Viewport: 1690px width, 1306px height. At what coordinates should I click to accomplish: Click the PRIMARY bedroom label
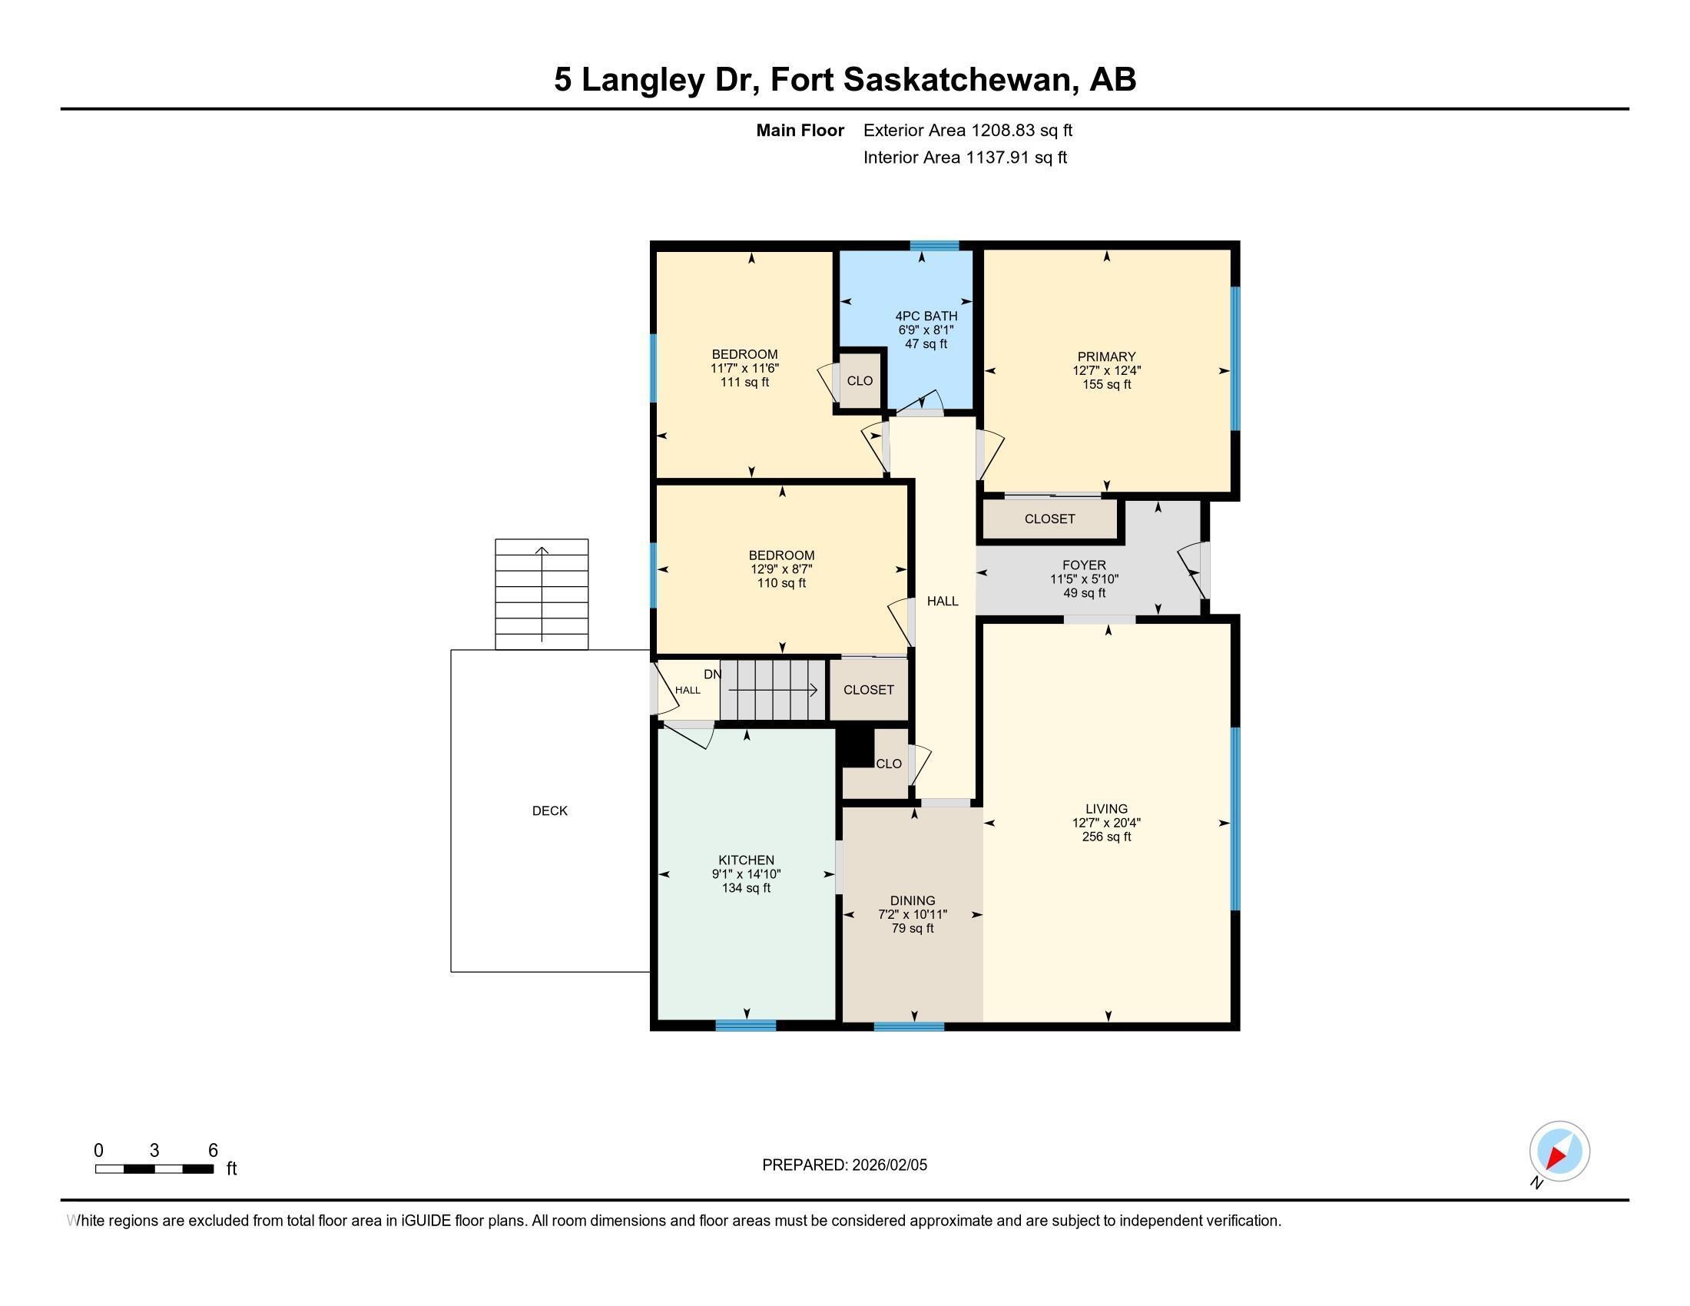(x=1105, y=356)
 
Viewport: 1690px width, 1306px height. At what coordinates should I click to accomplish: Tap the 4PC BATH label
(x=926, y=316)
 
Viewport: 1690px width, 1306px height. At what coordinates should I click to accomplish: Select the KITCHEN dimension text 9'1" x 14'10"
(x=746, y=874)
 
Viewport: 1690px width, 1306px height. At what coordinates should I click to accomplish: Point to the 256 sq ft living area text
(x=1105, y=837)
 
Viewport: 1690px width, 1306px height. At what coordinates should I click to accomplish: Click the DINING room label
(x=913, y=900)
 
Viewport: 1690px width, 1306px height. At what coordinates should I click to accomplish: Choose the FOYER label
(x=1083, y=565)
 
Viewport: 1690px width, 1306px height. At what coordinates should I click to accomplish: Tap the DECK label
(x=549, y=810)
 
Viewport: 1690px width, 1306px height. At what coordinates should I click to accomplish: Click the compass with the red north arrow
(x=1559, y=1151)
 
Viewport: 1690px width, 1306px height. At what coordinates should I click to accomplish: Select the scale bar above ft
(x=154, y=1168)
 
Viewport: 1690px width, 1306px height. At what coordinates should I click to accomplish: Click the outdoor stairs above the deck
(x=542, y=593)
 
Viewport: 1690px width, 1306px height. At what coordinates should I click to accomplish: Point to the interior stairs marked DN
(x=772, y=690)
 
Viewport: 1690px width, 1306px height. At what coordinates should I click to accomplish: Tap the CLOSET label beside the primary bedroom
(x=1049, y=519)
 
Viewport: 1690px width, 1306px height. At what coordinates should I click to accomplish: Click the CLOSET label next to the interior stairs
(x=868, y=689)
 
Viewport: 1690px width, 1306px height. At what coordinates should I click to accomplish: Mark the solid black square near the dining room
(x=857, y=747)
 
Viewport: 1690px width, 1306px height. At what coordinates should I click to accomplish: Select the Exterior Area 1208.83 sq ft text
(x=967, y=130)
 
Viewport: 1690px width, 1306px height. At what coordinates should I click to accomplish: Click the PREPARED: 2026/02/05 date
(x=844, y=1165)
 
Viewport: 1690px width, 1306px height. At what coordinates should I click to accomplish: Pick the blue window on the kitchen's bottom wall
(x=745, y=1025)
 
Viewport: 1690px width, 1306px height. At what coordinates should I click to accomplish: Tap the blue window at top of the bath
(x=934, y=246)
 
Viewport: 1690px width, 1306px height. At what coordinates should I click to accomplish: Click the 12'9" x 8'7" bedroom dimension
(x=780, y=568)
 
